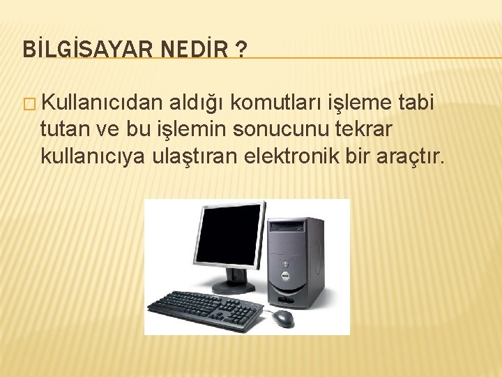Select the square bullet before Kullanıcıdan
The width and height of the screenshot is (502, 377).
[x=28, y=104]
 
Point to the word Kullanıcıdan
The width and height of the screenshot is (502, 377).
[x=102, y=103]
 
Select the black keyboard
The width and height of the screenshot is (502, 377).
[x=204, y=305]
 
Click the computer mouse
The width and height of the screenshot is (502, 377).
[x=283, y=318]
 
